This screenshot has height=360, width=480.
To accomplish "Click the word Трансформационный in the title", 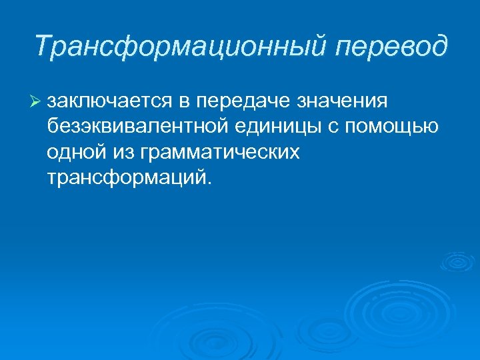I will coord(181,46).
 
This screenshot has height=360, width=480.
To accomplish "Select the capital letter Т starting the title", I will coord(43,46).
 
